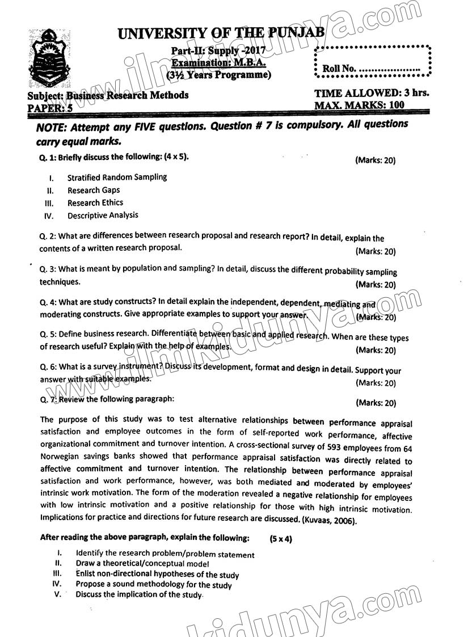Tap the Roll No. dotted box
[x=374, y=61]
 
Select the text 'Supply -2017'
[x=238, y=51]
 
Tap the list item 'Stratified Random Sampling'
[x=117, y=177]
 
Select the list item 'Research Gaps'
[x=94, y=190]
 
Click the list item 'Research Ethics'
[x=95, y=203]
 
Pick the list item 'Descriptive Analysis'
[x=103, y=216]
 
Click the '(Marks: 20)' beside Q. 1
[x=375, y=161]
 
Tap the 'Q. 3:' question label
[x=48, y=269]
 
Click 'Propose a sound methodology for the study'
[x=154, y=585]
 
